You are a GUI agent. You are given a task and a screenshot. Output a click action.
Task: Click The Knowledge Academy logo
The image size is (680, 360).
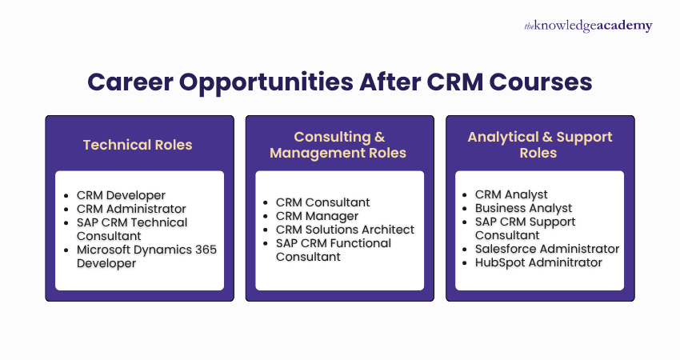(x=588, y=26)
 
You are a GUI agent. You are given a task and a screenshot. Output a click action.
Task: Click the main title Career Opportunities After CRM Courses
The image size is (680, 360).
(x=339, y=82)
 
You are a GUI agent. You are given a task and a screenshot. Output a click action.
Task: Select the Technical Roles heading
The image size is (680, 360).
(x=138, y=145)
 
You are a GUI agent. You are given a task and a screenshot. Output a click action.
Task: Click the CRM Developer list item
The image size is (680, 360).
(x=121, y=195)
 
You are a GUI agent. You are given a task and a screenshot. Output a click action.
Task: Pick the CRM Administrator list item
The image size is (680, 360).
(x=131, y=209)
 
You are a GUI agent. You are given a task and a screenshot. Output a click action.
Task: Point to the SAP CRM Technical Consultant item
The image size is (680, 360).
(x=131, y=229)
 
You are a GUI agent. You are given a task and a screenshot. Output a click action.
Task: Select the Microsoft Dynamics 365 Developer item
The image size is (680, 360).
(x=146, y=256)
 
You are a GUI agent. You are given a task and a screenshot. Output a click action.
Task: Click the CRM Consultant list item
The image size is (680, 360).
(x=323, y=202)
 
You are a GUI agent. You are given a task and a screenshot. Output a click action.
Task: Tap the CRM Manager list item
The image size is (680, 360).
(x=317, y=216)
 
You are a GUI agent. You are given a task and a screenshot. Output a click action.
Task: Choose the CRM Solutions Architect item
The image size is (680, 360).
(x=345, y=230)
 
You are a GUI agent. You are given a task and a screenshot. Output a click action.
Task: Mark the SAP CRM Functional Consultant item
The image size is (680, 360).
(x=333, y=250)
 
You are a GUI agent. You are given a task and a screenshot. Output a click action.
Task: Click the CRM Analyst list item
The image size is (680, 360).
(x=511, y=194)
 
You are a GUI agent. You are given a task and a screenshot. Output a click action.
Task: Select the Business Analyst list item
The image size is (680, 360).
(x=523, y=208)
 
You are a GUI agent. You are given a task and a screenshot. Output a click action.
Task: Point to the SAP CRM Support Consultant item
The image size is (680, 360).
(x=525, y=228)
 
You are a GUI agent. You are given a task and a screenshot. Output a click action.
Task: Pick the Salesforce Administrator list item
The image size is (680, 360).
(x=547, y=249)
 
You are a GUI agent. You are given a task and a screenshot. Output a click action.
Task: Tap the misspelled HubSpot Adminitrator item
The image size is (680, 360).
(x=538, y=262)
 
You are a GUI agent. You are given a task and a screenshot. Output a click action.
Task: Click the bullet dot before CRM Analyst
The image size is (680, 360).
(x=466, y=195)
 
